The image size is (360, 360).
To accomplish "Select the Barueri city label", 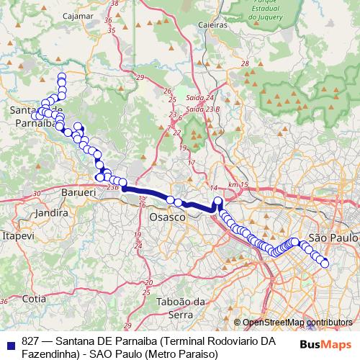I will point(79,194).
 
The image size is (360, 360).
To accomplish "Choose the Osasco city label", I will point(167,217).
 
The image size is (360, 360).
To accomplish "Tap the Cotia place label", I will point(34,297).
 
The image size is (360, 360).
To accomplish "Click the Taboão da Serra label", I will point(177,308).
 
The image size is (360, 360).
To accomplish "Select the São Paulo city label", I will point(333,237).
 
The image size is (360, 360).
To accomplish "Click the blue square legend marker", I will point(11,341).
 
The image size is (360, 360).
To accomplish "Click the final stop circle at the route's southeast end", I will point(324,264).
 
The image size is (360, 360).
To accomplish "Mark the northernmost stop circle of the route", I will point(62,77).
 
